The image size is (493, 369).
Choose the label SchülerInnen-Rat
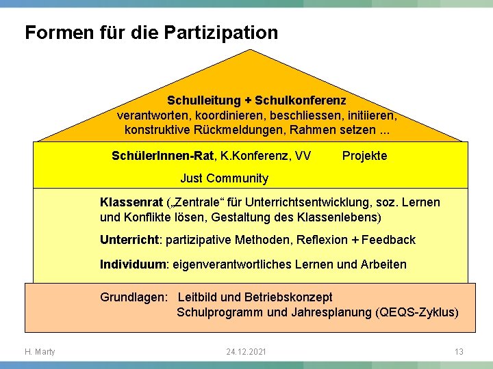(162, 156)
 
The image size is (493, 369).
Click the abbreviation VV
(302, 156)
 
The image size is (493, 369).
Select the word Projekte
(364, 156)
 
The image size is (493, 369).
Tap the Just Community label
(224, 179)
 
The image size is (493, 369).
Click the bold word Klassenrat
(131, 203)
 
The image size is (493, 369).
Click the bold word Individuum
(134, 264)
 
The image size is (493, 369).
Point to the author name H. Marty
(40, 352)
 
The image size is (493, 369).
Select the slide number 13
(459, 352)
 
